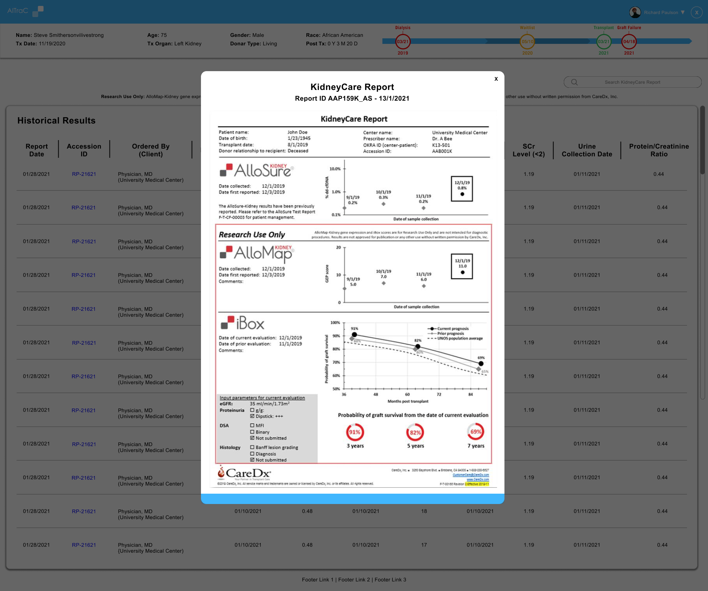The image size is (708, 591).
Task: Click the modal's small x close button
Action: pyautogui.click(x=496, y=79)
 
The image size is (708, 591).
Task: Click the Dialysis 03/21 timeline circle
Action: pyautogui.click(x=403, y=42)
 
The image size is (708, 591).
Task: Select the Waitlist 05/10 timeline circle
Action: pyautogui.click(x=527, y=42)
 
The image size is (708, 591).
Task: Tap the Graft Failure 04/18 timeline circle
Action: pyautogui.click(x=629, y=42)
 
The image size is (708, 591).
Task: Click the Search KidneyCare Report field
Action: pyautogui.click(x=632, y=82)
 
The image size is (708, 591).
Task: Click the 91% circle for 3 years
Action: pyautogui.click(x=355, y=432)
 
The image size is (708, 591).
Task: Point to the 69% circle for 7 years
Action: pyautogui.click(x=476, y=432)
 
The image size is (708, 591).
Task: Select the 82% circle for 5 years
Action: pyautogui.click(x=415, y=432)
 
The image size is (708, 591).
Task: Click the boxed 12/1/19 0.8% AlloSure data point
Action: pyautogui.click(x=462, y=189)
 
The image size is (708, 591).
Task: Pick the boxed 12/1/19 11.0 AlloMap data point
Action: pyautogui.click(x=462, y=266)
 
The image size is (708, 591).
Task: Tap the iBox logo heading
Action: pyautogui.click(x=243, y=323)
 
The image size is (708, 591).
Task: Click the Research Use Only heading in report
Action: pyautogui.click(x=252, y=235)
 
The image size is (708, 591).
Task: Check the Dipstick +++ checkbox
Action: pyautogui.click(x=252, y=416)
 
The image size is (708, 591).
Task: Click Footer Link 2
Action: pyautogui.click(x=354, y=580)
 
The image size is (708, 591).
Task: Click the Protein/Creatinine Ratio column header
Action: pyautogui.click(x=659, y=150)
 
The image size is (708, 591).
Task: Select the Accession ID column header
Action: pyautogui.click(x=84, y=150)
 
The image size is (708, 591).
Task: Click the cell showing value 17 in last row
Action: pyautogui.click(x=424, y=545)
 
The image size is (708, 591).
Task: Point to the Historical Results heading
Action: pyautogui.click(x=56, y=121)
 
